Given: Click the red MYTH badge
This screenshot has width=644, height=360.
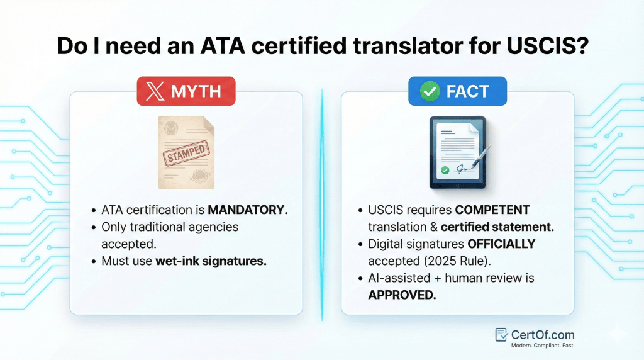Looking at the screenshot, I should (x=186, y=91).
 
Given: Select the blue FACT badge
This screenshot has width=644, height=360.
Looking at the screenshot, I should (x=457, y=91).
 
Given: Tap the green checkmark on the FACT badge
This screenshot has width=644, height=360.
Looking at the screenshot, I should (x=430, y=91).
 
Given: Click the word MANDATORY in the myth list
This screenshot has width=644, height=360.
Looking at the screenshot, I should (x=248, y=210).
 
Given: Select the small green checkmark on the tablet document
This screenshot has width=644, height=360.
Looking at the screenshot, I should (x=445, y=170).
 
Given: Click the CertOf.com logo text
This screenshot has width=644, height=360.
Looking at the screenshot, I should (x=543, y=334).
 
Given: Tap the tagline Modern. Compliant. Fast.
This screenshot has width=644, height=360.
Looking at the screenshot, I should (x=543, y=346).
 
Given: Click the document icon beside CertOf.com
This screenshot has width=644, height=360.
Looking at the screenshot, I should (x=501, y=335).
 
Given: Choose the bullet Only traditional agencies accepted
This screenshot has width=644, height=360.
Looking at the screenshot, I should (x=170, y=235).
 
